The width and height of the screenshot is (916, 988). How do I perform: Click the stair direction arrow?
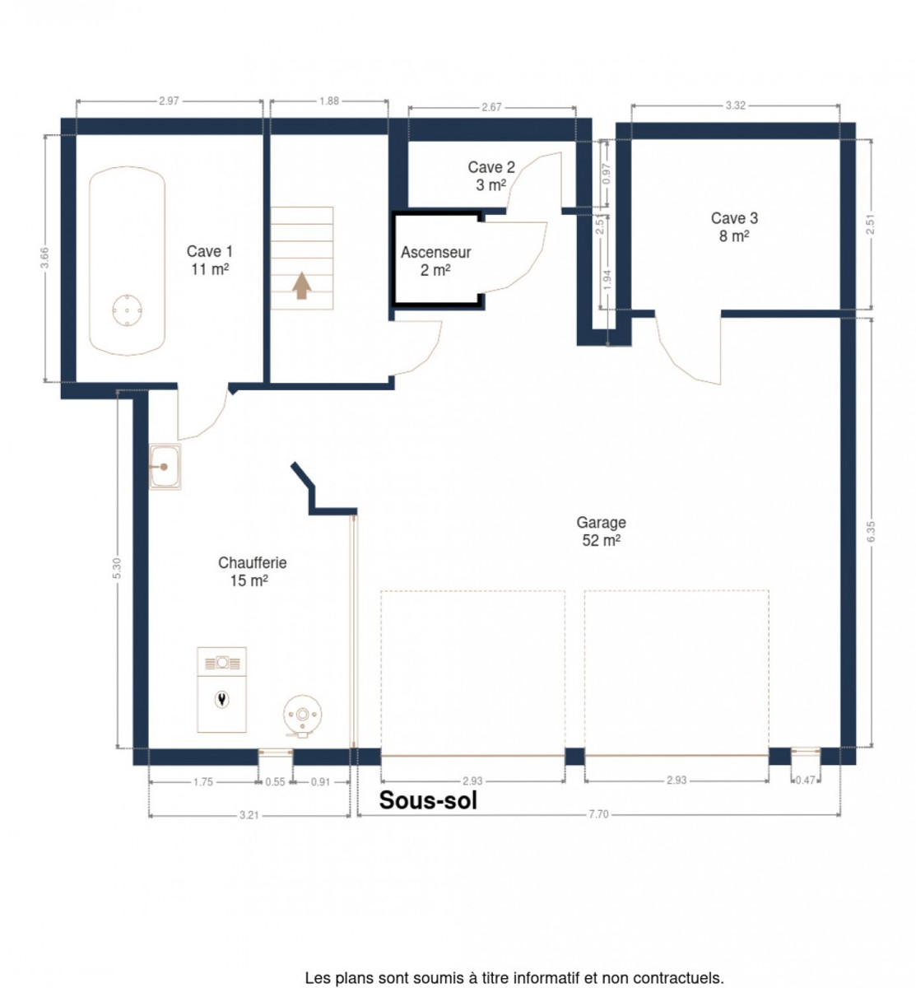tap(301, 285)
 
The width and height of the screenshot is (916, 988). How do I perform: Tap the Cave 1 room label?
tap(209, 259)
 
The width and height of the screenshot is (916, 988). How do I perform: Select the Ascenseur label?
tap(435, 261)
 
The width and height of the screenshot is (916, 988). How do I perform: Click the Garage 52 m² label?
tap(601, 531)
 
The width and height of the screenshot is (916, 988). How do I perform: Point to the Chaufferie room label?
tap(252, 571)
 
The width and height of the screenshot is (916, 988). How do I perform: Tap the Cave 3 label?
tap(734, 226)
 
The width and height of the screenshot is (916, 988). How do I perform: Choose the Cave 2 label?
tap(491, 175)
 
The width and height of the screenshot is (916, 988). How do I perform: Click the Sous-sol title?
tap(428, 800)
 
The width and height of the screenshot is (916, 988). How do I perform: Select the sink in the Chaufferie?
tap(165, 466)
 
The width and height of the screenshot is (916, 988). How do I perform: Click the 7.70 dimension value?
tap(598, 814)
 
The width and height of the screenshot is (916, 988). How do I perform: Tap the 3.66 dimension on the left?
tap(44, 258)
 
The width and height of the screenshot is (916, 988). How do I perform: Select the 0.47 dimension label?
tap(805, 780)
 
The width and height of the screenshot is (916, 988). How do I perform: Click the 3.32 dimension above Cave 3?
tap(735, 105)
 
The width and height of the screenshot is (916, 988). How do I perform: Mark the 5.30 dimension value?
tap(118, 568)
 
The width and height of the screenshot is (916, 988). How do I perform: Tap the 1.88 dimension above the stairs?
tap(328, 101)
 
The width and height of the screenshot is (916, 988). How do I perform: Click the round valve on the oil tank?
tap(128, 310)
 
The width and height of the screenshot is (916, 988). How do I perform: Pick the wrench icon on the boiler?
tap(221, 699)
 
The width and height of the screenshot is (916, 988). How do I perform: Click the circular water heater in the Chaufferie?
tap(302, 715)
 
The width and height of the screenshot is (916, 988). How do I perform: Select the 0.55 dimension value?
tap(275, 782)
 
